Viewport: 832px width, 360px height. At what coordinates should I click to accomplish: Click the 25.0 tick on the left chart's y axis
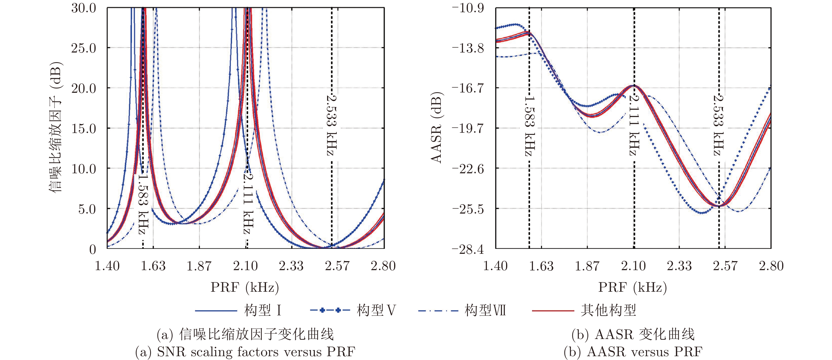pyautogui.click(x=84, y=48)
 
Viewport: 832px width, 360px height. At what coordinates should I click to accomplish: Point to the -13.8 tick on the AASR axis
pyautogui.click(x=468, y=48)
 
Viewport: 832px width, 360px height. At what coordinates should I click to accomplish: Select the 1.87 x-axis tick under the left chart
pyautogui.click(x=199, y=266)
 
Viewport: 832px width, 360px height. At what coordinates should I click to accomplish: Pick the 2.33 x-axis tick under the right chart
pyautogui.click(x=679, y=266)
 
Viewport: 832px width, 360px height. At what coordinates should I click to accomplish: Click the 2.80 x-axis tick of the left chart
pyautogui.click(x=383, y=266)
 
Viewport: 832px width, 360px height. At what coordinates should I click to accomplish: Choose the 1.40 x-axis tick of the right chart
pyautogui.click(x=495, y=266)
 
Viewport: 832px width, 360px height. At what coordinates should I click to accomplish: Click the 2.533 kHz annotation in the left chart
pyautogui.click(x=332, y=125)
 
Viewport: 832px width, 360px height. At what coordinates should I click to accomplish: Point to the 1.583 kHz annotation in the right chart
pyautogui.click(x=530, y=126)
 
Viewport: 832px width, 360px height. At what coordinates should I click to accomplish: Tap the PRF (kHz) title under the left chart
pyautogui.click(x=245, y=287)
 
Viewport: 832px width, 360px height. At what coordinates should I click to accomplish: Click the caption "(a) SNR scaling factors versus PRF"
pyautogui.click(x=245, y=352)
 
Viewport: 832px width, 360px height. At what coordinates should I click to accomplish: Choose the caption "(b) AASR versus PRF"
pyautogui.click(x=633, y=352)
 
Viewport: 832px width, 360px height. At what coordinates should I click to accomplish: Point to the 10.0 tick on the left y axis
pyautogui.click(x=84, y=169)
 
